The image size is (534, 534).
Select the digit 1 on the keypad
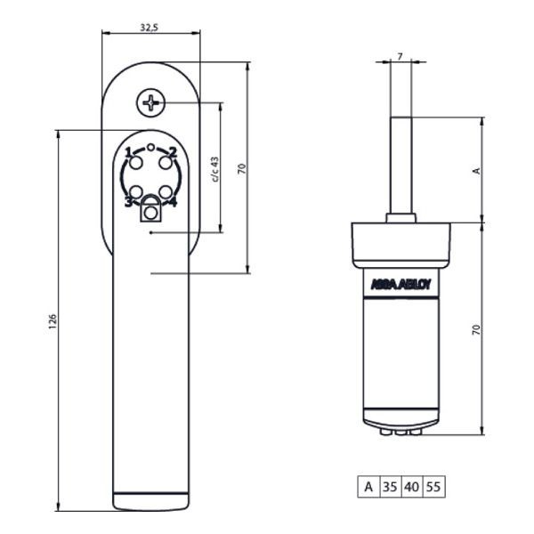click(x=128, y=151)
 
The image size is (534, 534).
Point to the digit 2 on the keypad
click(x=173, y=151)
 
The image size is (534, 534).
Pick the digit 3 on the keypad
click(x=128, y=202)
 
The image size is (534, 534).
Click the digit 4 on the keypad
click(x=173, y=202)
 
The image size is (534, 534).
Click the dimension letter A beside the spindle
click(x=476, y=170)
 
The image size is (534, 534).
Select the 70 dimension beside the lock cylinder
click(x=476, y=328)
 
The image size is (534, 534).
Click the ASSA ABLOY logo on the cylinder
click(x=400, y=286)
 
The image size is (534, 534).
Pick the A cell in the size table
click(x=368, y=487)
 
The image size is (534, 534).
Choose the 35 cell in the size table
click(x=390, y=487)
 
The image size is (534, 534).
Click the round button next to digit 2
click(x=166, y=162)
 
